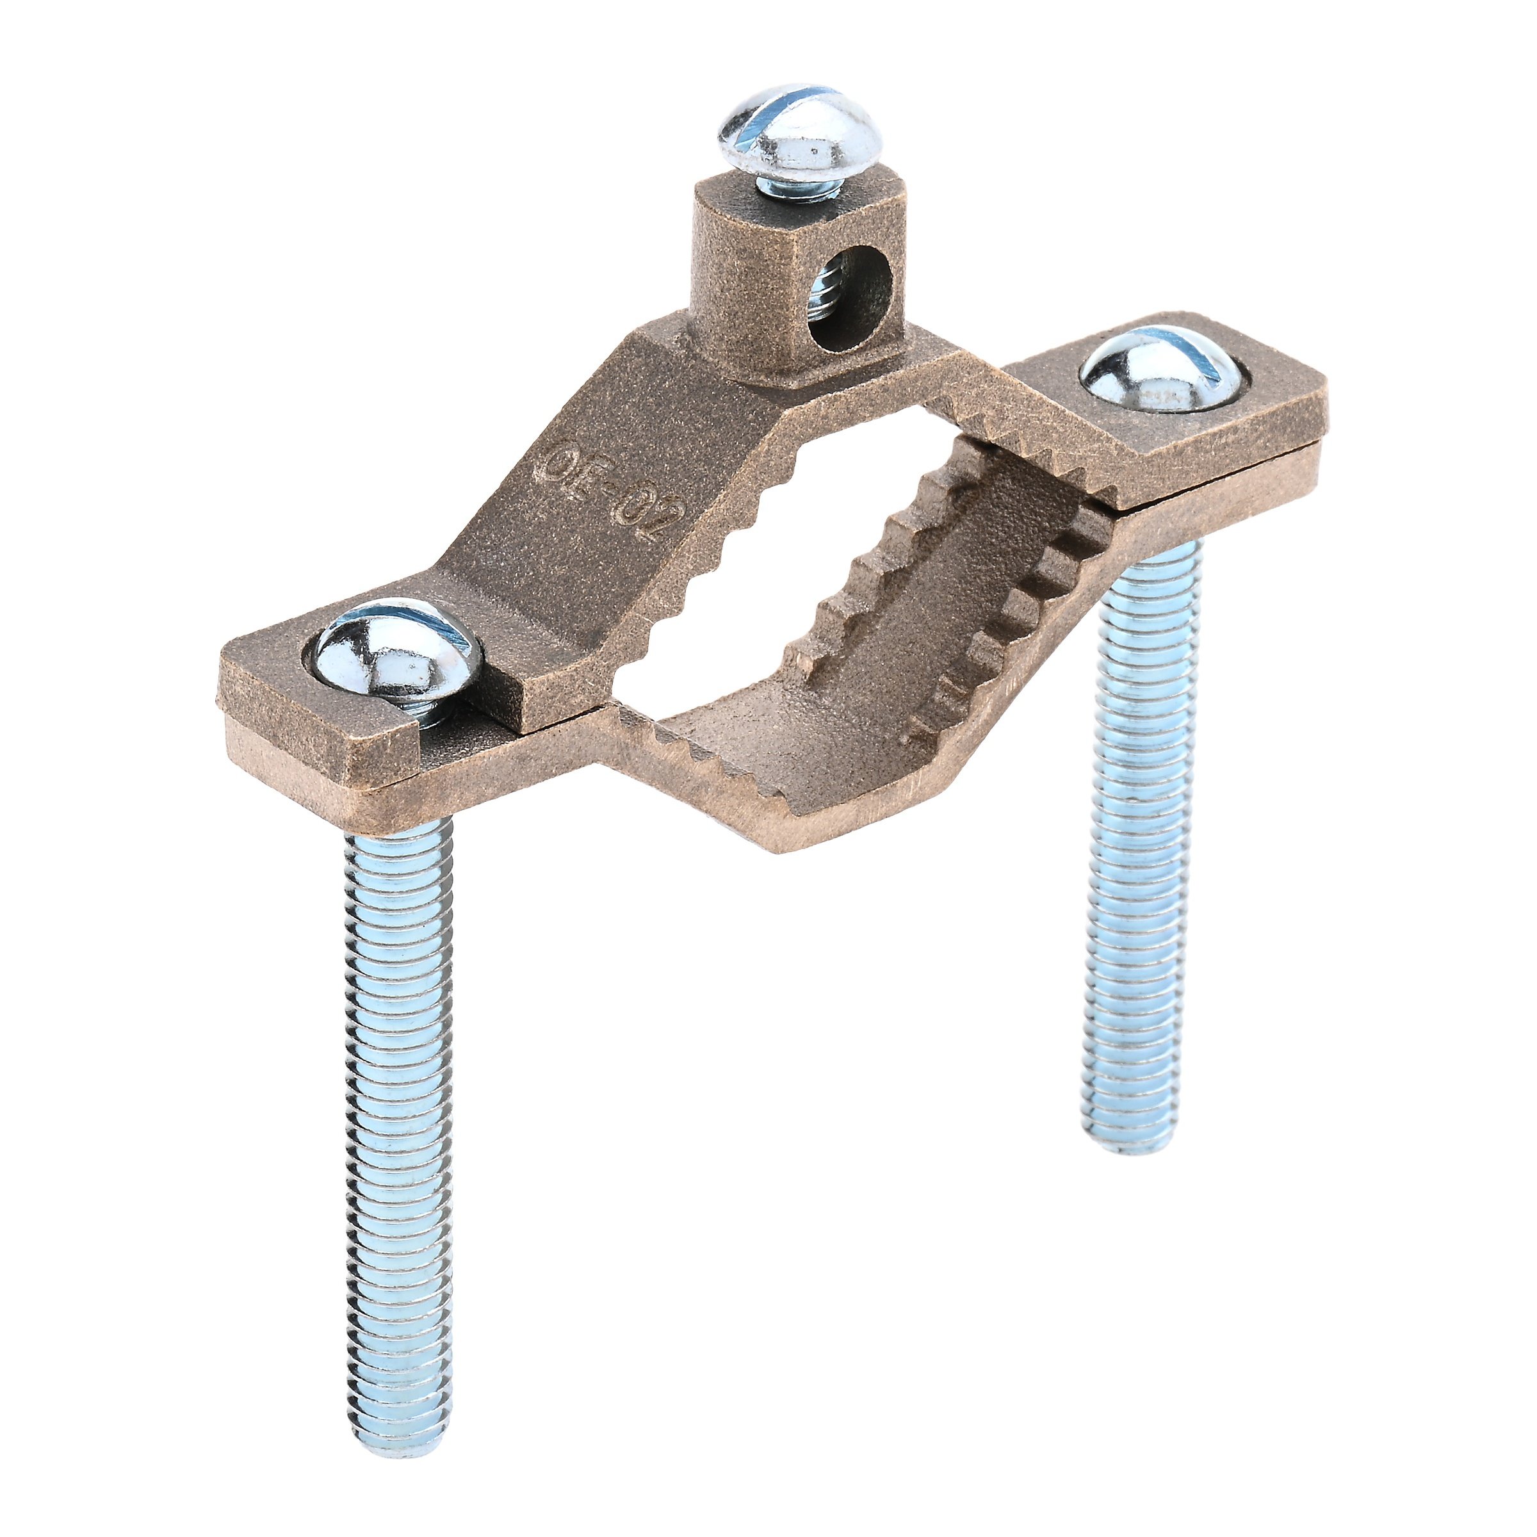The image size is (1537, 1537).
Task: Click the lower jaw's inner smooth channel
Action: click(875, 637)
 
